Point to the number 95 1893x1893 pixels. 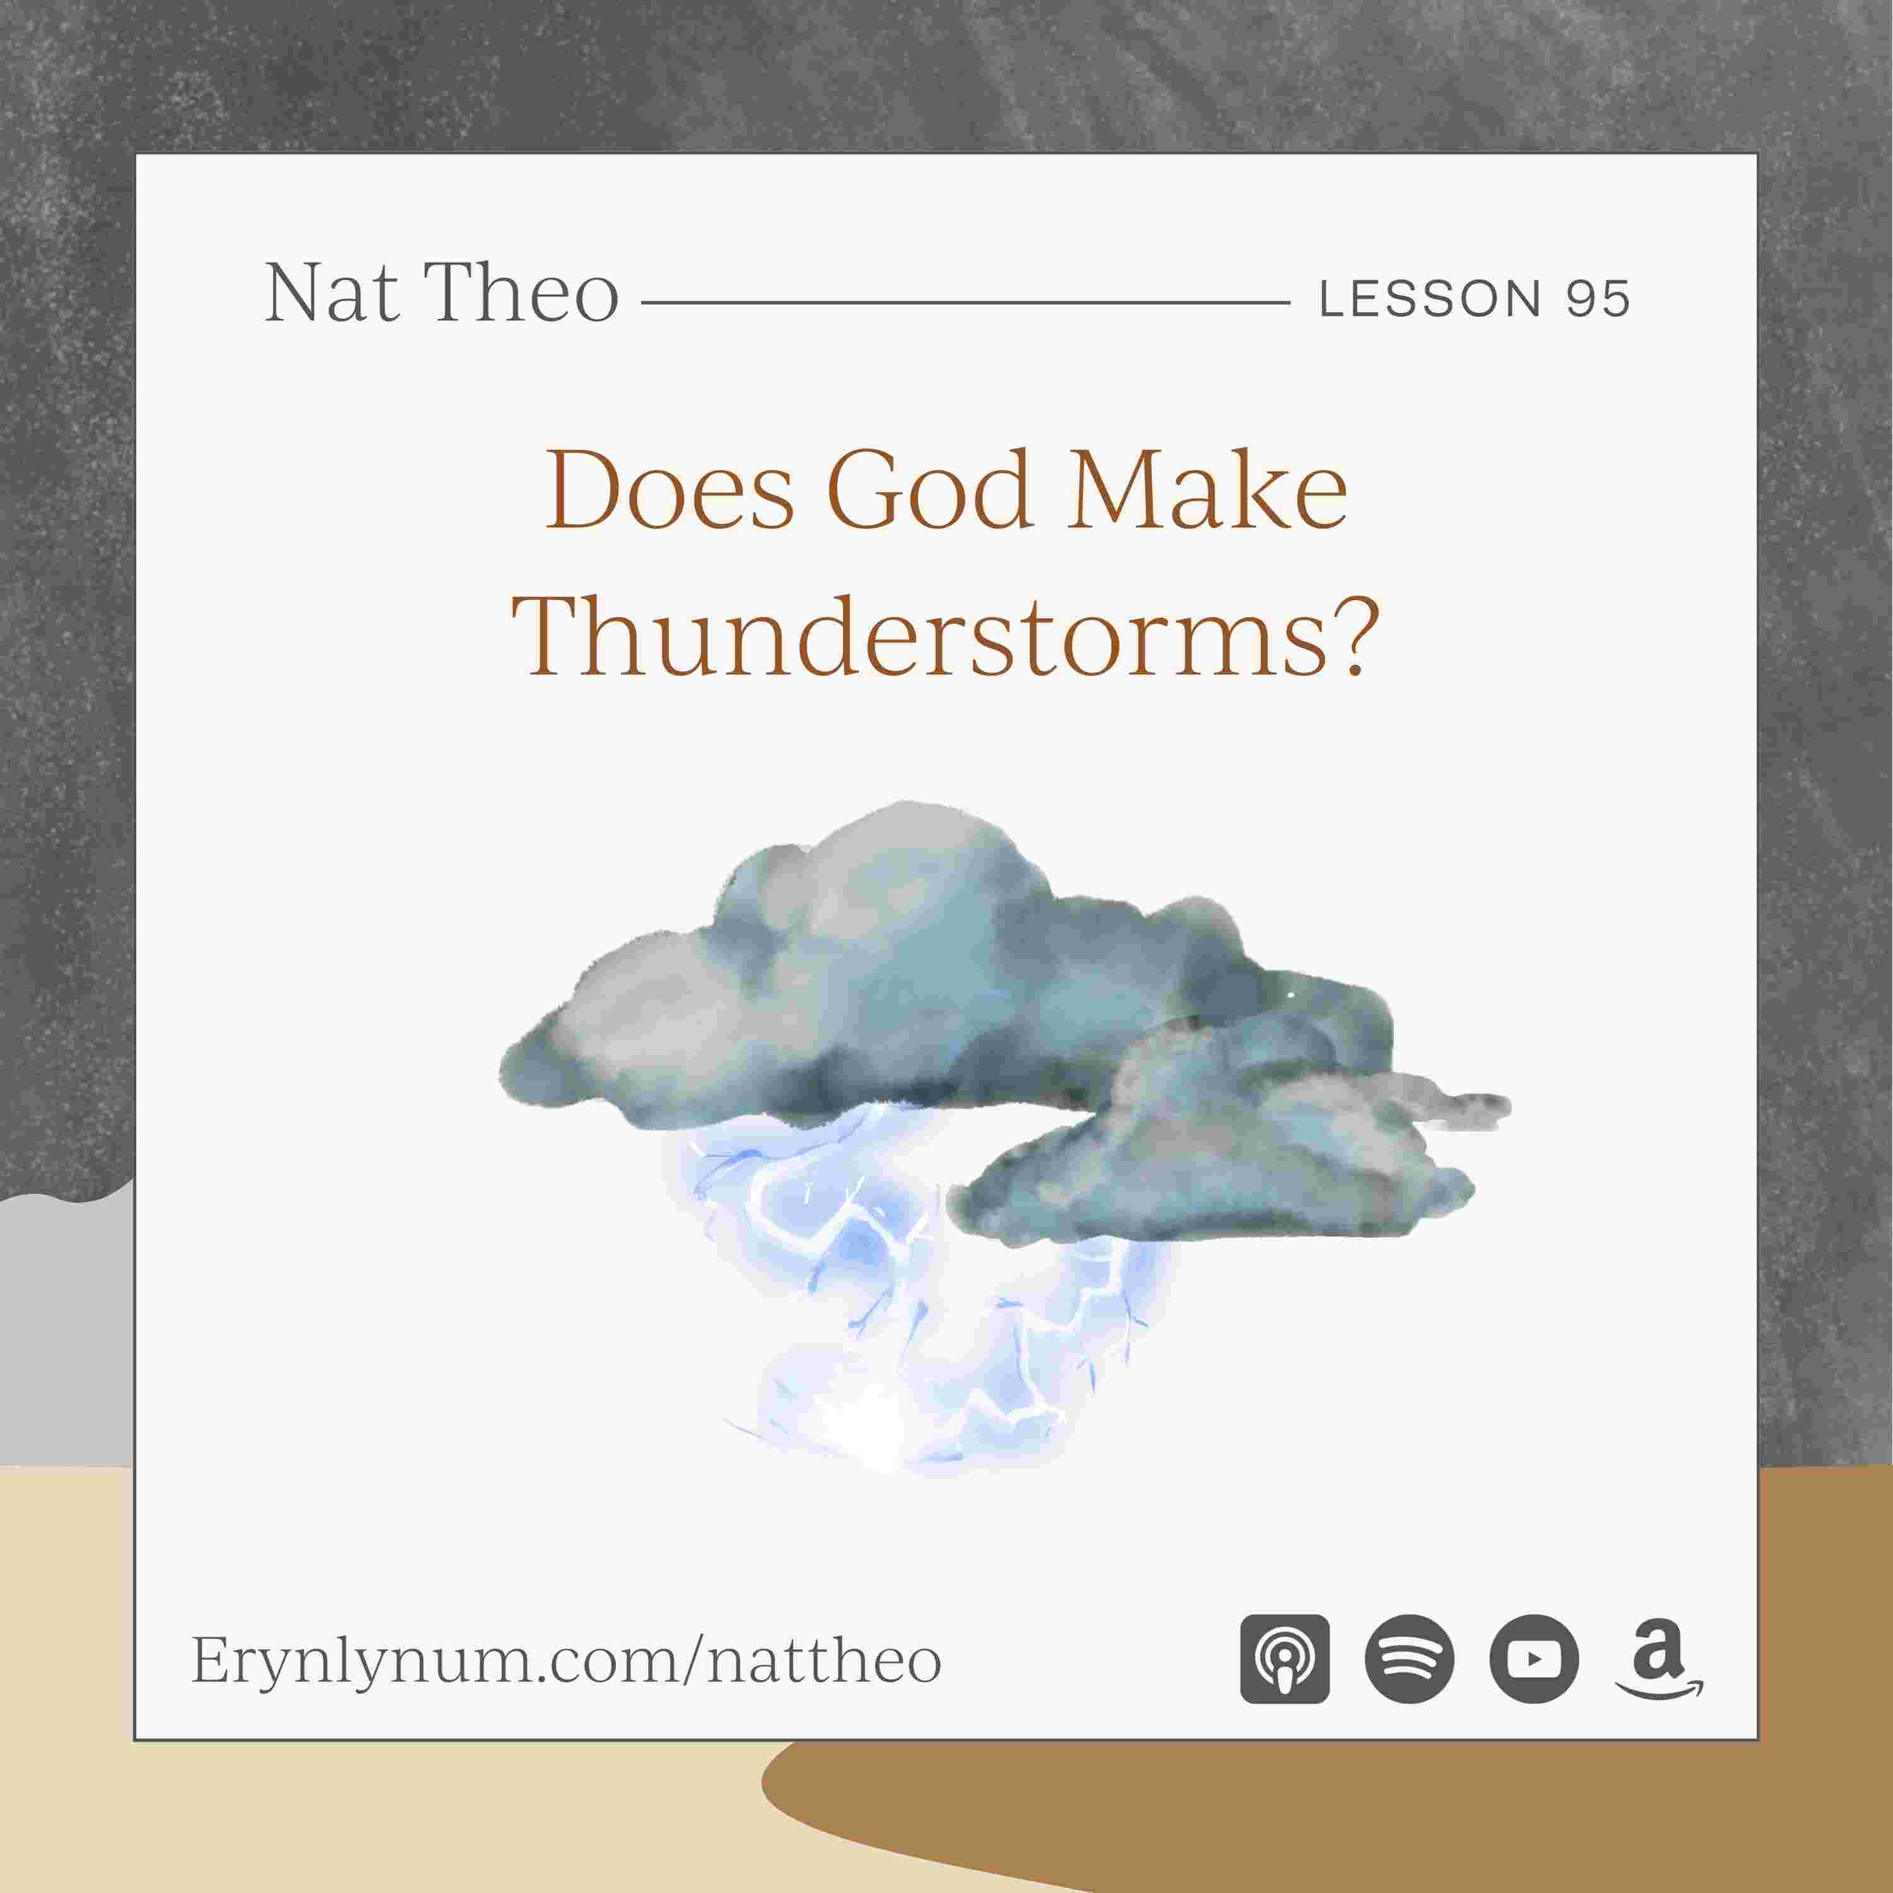[1597, 299]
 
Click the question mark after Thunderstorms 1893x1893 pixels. [1345, 635]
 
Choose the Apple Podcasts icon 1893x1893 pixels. [1285, 1659]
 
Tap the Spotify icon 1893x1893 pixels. [1409, 1659]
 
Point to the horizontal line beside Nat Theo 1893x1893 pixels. [965, 303]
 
